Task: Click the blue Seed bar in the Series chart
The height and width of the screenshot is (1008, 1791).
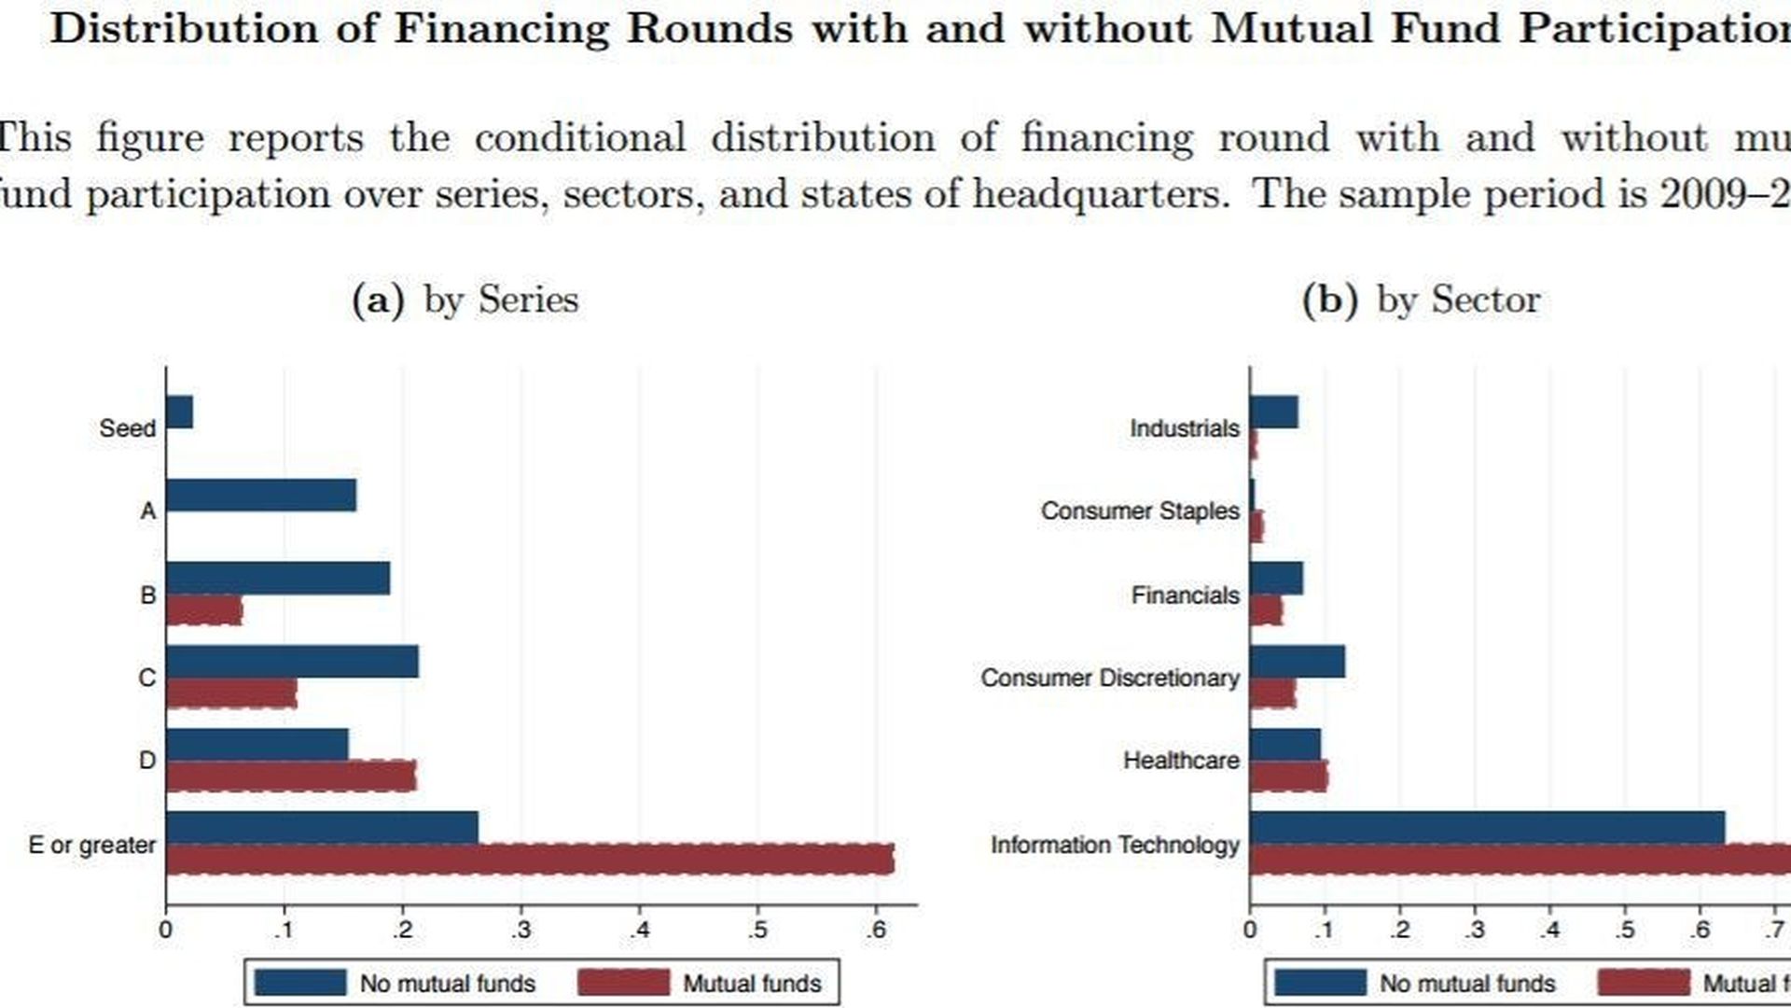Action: coord(179,412)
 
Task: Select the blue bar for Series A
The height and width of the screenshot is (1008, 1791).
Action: coord(261,496)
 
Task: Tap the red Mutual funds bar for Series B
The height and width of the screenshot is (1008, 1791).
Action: coord(204,611)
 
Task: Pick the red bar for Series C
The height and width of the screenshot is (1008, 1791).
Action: coord(231,693)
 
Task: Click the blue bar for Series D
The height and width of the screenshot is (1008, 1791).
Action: coord(257,745)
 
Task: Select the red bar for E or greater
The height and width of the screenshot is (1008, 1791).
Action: coord(530,860)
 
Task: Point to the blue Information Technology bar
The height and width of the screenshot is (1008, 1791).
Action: coord(1487,828)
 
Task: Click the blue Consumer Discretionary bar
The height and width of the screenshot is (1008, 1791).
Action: coord(1297,662)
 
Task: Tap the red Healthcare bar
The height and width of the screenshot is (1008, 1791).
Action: coord(1288,777)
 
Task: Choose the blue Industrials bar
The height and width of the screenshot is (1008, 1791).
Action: coord(1273,412)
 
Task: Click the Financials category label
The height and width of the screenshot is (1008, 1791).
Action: coord(1185,595)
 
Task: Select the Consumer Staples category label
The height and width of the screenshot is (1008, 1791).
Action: coord(1140,511)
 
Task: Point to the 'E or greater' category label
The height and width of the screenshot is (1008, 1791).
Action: coord(92,845)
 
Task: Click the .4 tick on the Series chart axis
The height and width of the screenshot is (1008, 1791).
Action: coord(639,931)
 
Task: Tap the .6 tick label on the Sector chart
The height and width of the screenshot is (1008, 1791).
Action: coord(1700,931)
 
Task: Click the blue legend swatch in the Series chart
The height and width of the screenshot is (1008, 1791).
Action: coord(299,983)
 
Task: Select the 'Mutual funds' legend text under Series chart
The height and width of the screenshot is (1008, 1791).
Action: coord(752,984)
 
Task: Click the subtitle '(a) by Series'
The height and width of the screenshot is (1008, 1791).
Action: coord(465,300)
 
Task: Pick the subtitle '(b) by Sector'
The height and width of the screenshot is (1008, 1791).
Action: coord(1421,300)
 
